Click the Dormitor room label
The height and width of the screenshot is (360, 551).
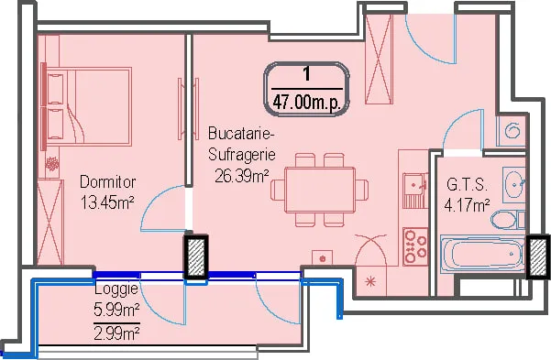pyautogui.click(x=107, y=182)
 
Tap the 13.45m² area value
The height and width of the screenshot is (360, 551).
pyautogui.click(x=107, y=202)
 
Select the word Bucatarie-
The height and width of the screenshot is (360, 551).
pyautogui.click(x=241, y=134)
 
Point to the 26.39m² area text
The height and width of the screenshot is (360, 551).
pyautogui.click(x=242, y=176)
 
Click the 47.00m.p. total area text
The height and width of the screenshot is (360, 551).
pyautogui.click(x=307, y=103)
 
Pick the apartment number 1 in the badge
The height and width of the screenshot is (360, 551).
pyautogui.click(x=307, y=74)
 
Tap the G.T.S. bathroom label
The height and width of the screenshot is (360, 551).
pyautogui.click(x=467, y=185)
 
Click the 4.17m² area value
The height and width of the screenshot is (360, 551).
pyautogui.click(x=467, y=205)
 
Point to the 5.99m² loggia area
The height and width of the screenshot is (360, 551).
pyautogui.click(x=116, y=310)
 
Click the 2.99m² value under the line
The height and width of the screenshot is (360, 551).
pyautogui.click(x=116, y=333)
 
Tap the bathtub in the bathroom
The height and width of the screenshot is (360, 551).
pyautogui.click(x=483, y=254)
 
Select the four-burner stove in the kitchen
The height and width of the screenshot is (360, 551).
pyautogui.click(x=415, y=246)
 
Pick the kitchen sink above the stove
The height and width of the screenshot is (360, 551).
pyautogui.click(x=415, y=190)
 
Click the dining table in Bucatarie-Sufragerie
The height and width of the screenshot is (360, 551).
pyautogui.click(x=320, y=190)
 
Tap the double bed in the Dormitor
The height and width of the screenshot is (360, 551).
pyautogui.click(x=89, y=107)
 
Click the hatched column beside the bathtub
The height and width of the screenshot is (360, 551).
pyautogui.click(x=537, y=257)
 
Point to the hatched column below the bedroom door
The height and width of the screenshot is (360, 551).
pyautogui.click(x=196, y=257)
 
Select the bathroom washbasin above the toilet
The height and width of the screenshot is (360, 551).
pyautogui.click(x=514, y=184)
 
